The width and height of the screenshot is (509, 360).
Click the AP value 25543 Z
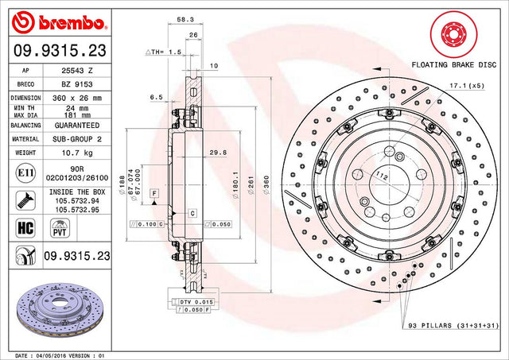coord(77,71)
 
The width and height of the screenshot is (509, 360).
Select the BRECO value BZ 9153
coord(77,84)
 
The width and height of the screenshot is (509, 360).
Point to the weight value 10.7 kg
coord(77,153)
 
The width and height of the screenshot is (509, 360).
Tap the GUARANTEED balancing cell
coord(77,126)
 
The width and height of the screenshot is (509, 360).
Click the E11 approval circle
coord(25,173)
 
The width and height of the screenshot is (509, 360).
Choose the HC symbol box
coord(25,227)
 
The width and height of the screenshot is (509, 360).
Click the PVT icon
coord(60,228)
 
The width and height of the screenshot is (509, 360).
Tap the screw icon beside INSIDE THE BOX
coord(25,200)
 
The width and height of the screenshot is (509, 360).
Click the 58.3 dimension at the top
coord(185,19)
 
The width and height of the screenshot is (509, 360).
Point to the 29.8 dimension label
coord(218,153)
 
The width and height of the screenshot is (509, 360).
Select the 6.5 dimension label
coord(157,97)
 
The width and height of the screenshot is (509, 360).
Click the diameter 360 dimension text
coord(266,185)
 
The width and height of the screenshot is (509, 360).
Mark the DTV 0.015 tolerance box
coord(196,302)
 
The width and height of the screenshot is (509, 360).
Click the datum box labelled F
coord(154,194)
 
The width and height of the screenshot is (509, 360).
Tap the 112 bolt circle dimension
coord(382,176)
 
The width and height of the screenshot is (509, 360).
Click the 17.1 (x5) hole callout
coord(467,86)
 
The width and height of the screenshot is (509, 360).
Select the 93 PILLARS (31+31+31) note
coord(453,325)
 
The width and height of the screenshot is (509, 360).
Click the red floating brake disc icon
coord(454,34)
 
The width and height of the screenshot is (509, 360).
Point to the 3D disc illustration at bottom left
coord(60,309)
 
